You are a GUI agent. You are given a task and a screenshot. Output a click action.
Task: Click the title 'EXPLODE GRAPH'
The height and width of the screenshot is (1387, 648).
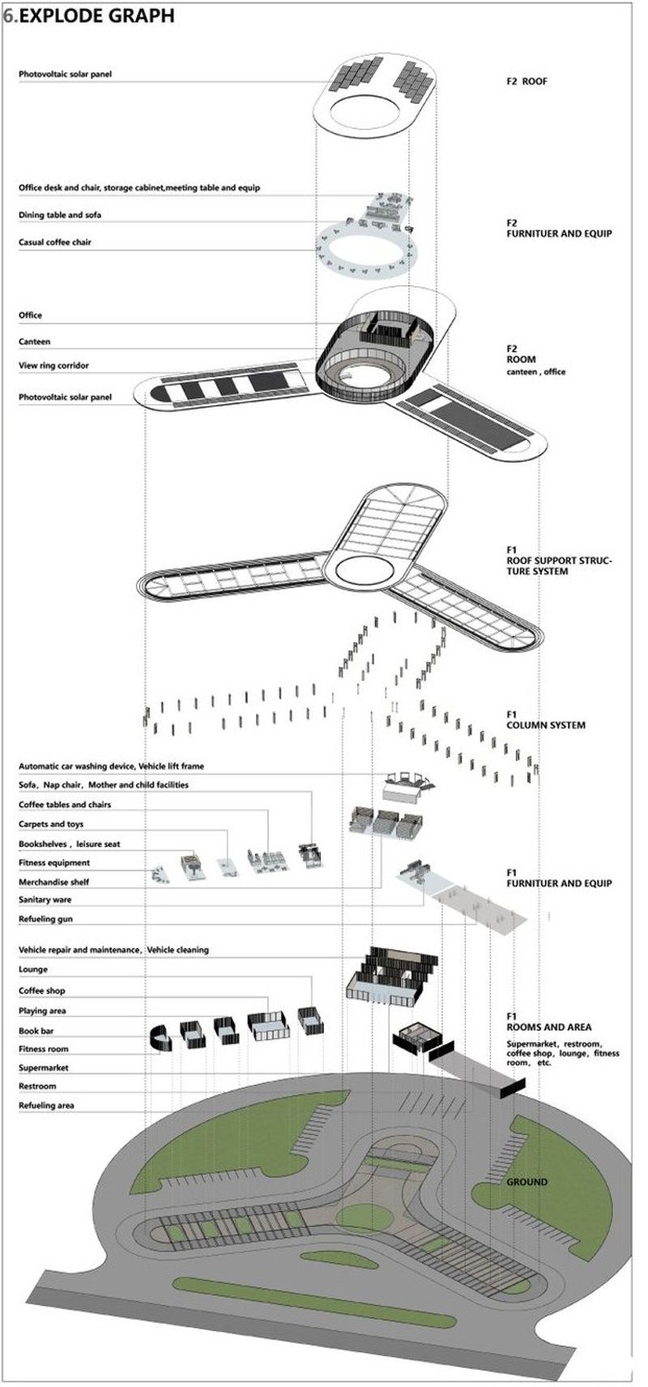(x=96, y=15)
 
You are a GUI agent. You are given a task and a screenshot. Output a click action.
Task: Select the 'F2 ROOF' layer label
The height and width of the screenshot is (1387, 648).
(x=526, y=81)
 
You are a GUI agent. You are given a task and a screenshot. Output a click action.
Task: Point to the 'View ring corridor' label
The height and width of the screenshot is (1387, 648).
(x=53, y=365)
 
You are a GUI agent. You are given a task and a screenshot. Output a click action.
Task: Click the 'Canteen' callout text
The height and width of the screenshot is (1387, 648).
(x=34, y=342)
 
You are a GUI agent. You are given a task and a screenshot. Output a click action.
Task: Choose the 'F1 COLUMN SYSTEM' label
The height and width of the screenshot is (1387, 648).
(x=545, y=719)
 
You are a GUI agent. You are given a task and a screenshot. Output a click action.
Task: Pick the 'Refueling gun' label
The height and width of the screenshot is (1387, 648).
(x=46, y=920)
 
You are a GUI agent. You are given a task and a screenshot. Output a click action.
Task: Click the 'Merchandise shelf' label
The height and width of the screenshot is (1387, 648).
(x=53, y=882)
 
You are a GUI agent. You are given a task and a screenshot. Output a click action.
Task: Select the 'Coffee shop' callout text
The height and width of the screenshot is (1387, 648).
(x=42, y=991)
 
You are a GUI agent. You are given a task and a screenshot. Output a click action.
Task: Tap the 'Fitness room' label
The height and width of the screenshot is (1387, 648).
(x=44, y=1049)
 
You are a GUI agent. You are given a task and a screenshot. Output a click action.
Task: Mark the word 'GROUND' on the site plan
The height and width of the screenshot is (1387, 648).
(x=526, y=1182)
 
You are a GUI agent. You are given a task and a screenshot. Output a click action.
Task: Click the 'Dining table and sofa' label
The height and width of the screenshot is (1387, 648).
(x=60, y=215)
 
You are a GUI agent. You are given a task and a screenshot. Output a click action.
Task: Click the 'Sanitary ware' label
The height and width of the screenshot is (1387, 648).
(x=45, y=900)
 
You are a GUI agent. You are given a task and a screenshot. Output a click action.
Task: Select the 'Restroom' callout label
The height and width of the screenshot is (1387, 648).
(x=37, y=1086)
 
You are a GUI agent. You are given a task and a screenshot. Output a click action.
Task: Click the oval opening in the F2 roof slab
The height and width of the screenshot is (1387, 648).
(x=375, y=108)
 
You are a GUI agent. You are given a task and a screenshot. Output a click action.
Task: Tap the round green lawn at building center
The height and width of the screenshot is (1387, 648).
(x=362, y=1217)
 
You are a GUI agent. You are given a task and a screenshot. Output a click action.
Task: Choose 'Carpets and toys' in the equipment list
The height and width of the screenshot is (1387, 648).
(x=51, y=824)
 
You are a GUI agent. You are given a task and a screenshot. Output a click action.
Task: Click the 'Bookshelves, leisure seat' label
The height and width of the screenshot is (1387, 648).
(x=69, y=844)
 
